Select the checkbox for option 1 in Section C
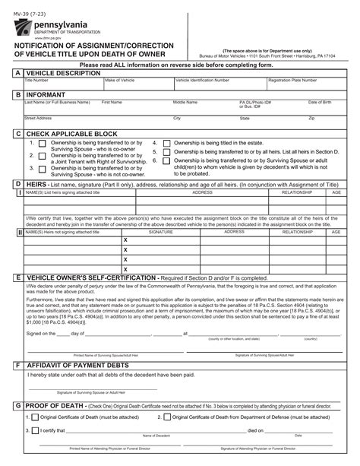(43, 144)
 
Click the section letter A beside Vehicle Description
(17, 73)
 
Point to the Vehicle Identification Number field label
(201, 80)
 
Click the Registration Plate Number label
(292, 80)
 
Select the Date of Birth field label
(319, 101)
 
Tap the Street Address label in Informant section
(38, 118)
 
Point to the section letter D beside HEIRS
(17, 185)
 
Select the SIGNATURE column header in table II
(161, 232)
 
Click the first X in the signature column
(125, 240)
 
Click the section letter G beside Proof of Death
(17, 407)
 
